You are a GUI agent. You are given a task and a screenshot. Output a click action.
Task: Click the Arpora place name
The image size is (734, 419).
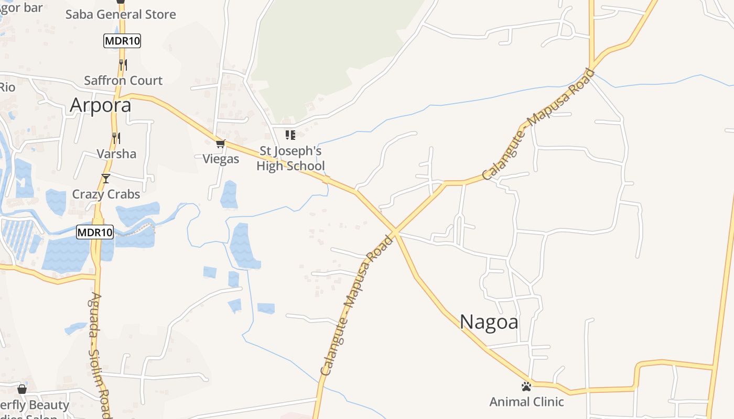100,105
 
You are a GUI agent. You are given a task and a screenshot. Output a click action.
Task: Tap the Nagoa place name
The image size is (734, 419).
489,322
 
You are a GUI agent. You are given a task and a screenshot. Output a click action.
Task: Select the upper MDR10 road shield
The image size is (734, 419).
122,41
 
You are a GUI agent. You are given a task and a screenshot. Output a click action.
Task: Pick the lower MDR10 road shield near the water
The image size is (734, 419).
95,232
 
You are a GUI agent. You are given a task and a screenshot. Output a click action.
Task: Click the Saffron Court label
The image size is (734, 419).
123,81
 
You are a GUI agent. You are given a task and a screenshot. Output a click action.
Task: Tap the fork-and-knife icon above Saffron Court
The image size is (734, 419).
123,64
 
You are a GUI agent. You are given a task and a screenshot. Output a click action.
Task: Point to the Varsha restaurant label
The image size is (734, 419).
116,154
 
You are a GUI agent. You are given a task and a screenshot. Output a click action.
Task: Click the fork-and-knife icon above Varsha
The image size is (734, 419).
116,138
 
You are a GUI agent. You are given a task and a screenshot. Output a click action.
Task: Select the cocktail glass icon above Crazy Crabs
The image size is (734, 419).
106,179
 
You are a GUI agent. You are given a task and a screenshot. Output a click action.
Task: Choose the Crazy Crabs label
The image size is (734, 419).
106,194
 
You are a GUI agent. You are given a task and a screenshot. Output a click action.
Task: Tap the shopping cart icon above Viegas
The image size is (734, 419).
220,144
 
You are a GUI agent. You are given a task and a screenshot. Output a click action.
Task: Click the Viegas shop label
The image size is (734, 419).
221,159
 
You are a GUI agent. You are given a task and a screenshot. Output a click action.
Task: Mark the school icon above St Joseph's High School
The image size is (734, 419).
290,135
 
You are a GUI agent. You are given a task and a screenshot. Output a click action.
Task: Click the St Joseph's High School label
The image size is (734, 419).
290,159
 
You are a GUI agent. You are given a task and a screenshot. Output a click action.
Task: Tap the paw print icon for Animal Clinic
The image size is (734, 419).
526,387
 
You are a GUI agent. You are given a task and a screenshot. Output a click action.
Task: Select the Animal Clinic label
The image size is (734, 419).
526,402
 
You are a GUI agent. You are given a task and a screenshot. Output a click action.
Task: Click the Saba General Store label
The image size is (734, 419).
121,15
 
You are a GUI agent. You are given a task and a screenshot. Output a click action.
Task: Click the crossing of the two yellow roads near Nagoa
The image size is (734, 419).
395,231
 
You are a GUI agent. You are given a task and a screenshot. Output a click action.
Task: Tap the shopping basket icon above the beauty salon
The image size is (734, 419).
22,389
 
